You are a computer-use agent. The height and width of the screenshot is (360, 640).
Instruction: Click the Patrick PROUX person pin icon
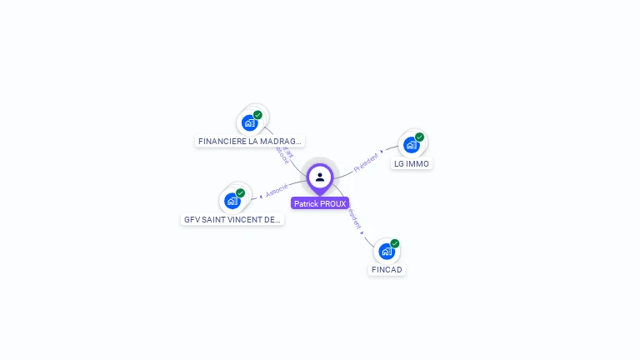point(320,177)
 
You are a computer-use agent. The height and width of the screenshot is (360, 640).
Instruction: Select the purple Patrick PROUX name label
point(320,203)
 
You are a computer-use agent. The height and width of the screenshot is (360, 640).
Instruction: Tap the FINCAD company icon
point(386,251)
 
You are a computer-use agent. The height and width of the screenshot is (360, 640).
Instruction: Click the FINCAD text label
point(387,270)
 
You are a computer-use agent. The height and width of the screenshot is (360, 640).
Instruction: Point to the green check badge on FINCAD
point(395,243)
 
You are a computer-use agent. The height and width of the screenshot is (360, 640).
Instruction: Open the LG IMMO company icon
point(411,145)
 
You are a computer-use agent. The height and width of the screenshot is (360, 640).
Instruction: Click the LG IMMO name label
point(412,164)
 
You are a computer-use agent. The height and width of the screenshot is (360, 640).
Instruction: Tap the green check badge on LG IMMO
point(420,137)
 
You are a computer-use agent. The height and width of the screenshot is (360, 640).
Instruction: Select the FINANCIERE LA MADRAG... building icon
point(249,123)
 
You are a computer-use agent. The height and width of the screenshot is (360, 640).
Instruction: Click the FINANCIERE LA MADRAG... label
point(250,142)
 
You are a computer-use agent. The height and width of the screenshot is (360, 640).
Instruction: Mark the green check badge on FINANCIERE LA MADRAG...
point(258,115)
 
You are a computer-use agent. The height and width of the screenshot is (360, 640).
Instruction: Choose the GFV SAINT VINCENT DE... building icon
point(232,201)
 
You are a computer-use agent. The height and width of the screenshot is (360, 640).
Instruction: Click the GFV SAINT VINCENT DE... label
point(232,220)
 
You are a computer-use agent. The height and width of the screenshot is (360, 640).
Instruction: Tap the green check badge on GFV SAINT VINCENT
point(241,192)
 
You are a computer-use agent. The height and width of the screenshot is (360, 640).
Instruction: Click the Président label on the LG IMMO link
point(366,162)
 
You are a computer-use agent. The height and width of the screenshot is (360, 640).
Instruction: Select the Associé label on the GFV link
point(277,189)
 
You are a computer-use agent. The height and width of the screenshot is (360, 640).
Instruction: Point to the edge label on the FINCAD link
point(354,218)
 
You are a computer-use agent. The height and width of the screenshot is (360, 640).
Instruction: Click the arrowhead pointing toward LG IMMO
point(382,152)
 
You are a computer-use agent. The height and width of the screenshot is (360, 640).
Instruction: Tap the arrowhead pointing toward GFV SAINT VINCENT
point(261,196)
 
